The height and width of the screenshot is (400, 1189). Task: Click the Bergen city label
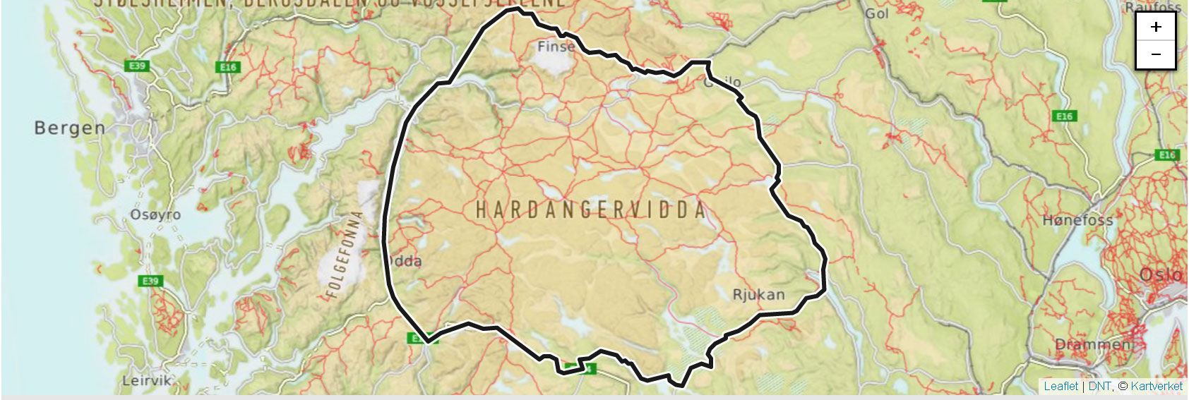69,128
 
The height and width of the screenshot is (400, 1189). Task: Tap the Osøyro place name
155,214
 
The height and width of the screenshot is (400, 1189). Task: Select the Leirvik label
147,380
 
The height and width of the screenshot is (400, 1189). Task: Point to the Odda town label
406,261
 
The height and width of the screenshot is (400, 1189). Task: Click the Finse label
556,47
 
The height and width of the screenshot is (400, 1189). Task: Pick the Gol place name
877,13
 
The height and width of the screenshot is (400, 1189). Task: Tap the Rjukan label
758,294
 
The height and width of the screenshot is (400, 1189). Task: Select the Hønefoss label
1077,220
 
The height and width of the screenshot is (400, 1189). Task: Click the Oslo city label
1160,274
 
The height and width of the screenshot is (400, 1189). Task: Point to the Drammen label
1092,344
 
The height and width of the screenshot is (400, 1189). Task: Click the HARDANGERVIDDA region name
590,210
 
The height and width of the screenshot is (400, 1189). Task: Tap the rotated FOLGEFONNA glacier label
344,254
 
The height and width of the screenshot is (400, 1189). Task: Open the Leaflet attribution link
1060,386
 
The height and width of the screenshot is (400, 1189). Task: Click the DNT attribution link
1099,386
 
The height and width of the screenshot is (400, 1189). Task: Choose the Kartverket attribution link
1157,386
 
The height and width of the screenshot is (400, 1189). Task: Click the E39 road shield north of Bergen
136,66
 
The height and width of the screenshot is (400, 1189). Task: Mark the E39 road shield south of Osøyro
150,281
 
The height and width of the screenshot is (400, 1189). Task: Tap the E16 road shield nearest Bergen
227,67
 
